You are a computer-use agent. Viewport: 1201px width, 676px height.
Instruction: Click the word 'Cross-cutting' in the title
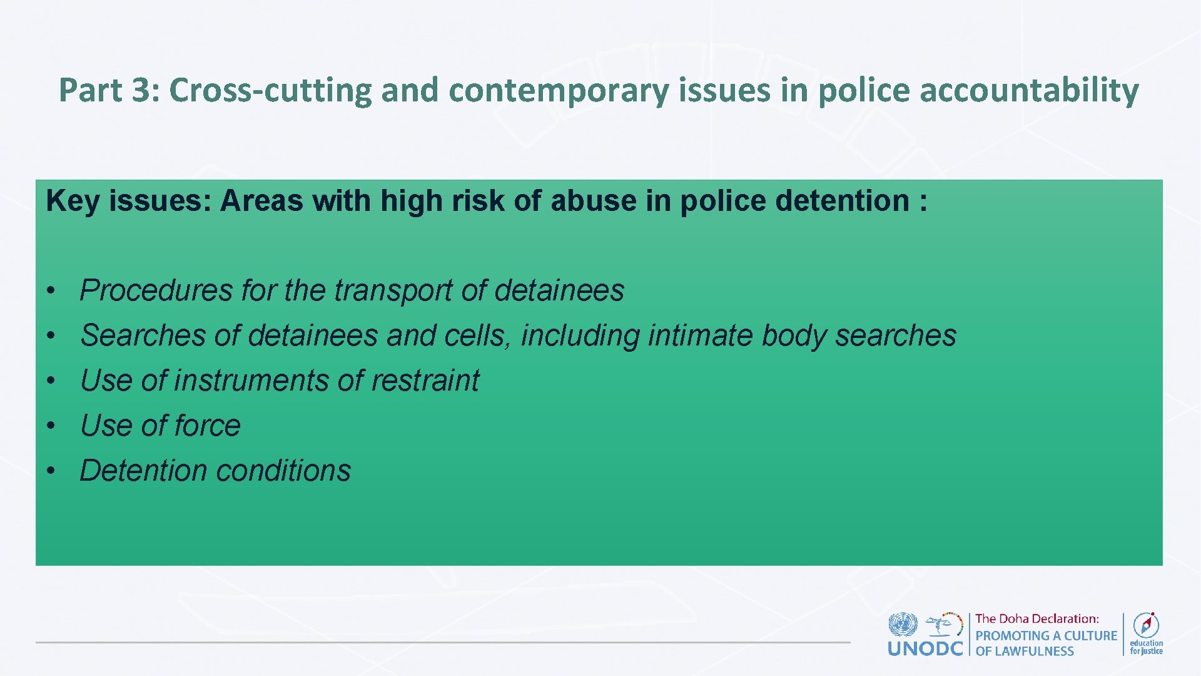271,90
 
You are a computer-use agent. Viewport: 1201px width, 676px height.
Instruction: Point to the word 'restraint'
425,381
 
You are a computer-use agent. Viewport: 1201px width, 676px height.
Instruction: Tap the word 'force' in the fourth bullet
208,426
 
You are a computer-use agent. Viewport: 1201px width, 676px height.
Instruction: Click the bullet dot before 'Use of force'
53,426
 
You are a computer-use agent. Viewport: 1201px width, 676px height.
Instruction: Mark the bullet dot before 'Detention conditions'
53,471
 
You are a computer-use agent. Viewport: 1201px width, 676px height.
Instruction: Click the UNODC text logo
925,648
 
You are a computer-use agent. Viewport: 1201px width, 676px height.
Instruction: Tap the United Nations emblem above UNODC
902,624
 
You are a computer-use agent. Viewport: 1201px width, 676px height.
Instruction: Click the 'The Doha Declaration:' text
1036,619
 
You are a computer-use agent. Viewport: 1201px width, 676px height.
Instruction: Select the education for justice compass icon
1146,625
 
